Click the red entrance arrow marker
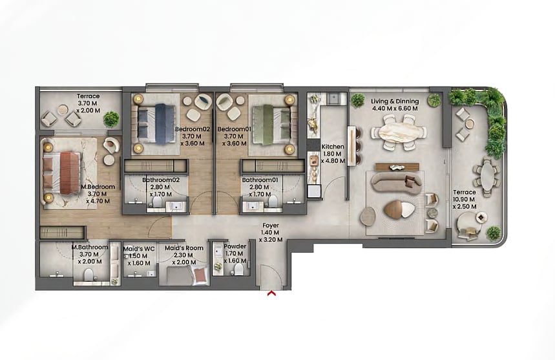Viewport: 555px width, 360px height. tap(271, 293)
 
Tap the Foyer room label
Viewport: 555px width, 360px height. tap(271, 226)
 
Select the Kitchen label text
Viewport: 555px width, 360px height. tap(333, 147)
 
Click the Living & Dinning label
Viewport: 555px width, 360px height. tap(395, 101)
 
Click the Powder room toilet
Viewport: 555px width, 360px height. tap(239, 270)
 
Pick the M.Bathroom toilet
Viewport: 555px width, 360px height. tap(89, 275)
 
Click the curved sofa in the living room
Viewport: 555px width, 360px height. tap(396, 182)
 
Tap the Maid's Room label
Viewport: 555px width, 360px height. tap(184, 248)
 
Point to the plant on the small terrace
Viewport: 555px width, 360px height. tap(112, 118)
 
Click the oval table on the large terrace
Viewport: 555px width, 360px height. tap(487, 176)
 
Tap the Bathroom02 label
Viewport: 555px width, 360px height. tap(161, 180)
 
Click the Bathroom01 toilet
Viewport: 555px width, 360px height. tap(273, 201)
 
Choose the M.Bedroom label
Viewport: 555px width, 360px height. tap(98, 187)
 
